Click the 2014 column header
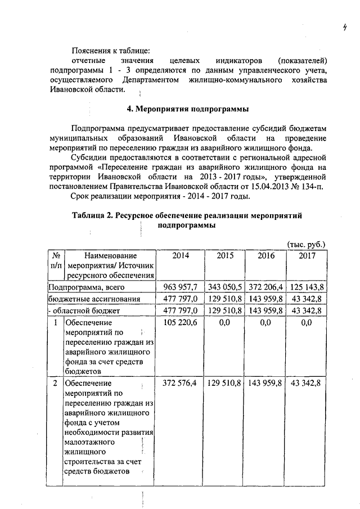[x=181, y=255]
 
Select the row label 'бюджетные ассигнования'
[x=93, y=299]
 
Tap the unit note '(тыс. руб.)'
[x=306, y=245]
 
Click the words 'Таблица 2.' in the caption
[x=94, y=215]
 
